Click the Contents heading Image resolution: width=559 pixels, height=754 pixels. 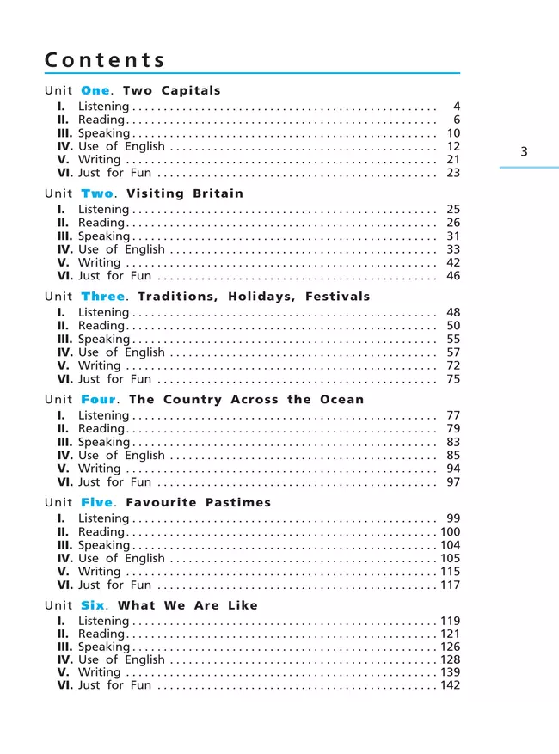[x=104, y=60]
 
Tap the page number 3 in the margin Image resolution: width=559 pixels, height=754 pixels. [x=525, y=152]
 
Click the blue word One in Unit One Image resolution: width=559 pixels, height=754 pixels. [x=95, y=90]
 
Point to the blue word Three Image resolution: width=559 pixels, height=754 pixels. [x=103, y=297]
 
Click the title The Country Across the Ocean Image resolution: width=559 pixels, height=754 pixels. [x=246, y=400]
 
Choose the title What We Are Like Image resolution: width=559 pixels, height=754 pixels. [x=187, y=605]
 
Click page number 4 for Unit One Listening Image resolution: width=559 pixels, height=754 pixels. [x=456, y=107]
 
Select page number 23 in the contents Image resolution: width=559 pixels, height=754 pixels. [x=453, y=173]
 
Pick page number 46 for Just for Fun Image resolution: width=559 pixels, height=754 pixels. [x=453, y=276]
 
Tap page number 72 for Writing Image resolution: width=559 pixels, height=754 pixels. [x=453, y=365]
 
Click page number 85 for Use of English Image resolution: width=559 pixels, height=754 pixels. [x=453, y=455]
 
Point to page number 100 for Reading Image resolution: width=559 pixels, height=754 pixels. [x=450, y=532]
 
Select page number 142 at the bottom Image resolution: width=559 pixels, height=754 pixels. [x=450, y=685]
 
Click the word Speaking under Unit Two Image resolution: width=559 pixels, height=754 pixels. [x=104, y=236]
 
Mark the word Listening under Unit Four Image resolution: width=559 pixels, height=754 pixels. [x=103, y=415]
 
